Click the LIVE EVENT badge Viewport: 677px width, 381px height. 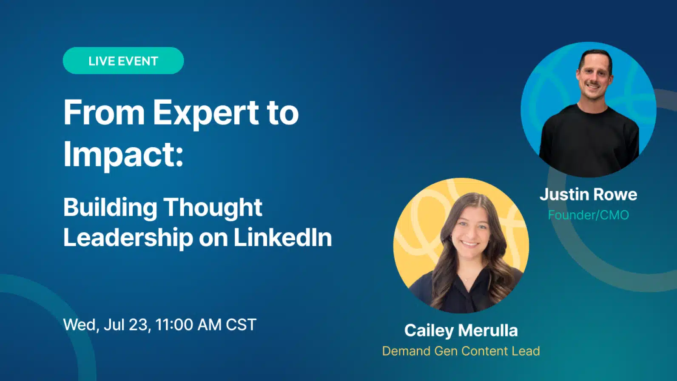(123, 60)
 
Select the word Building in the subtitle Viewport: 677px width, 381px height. (110, 209)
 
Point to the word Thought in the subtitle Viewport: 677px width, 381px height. (213, 209)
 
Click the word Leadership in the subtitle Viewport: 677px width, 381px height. (128, 237)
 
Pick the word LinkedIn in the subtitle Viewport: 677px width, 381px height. (283, 237)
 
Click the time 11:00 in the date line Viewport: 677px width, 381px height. (174, 324)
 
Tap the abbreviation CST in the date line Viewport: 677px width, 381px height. (241, 324)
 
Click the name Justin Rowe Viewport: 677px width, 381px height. (588, 194)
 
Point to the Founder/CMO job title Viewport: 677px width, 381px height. (588, 215)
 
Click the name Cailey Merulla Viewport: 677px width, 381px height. (461, 330)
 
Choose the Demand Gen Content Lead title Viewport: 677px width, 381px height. (461, 351)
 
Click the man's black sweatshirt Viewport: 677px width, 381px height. (589, 139)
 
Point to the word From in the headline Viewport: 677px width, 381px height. (104, 112)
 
